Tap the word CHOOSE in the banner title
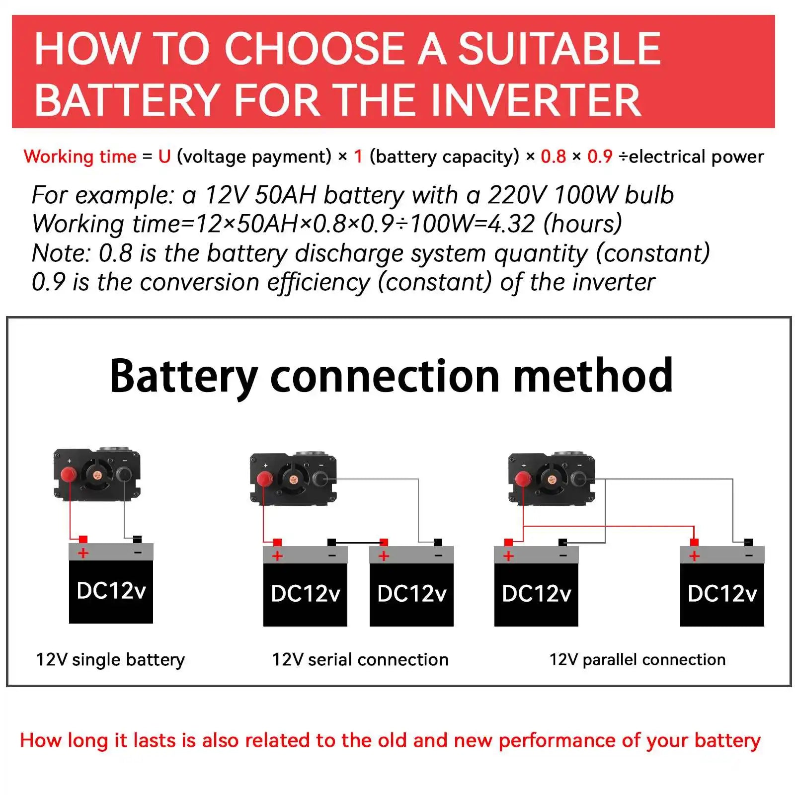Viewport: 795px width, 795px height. [314, 48]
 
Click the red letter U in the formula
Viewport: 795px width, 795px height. [164, 157]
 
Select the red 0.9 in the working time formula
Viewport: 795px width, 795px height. [600, 157]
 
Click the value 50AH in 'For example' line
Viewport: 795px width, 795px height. [285, 195]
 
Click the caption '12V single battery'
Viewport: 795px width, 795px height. [110, 659]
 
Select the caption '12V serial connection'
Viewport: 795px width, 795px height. [360, 659]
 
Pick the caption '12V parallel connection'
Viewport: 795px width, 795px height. [637, 659]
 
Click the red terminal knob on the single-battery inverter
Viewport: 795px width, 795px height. [68, 475]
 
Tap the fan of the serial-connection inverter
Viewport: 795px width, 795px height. [293, 479]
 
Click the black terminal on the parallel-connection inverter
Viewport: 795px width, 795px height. [578, 479]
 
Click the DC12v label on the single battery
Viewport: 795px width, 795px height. [111, 591]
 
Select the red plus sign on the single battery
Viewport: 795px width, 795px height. [83, 553]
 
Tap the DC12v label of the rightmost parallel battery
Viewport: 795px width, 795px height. [722, 594]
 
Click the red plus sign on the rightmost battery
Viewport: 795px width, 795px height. [694, 556]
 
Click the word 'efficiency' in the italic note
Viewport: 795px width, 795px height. [318, 282]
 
